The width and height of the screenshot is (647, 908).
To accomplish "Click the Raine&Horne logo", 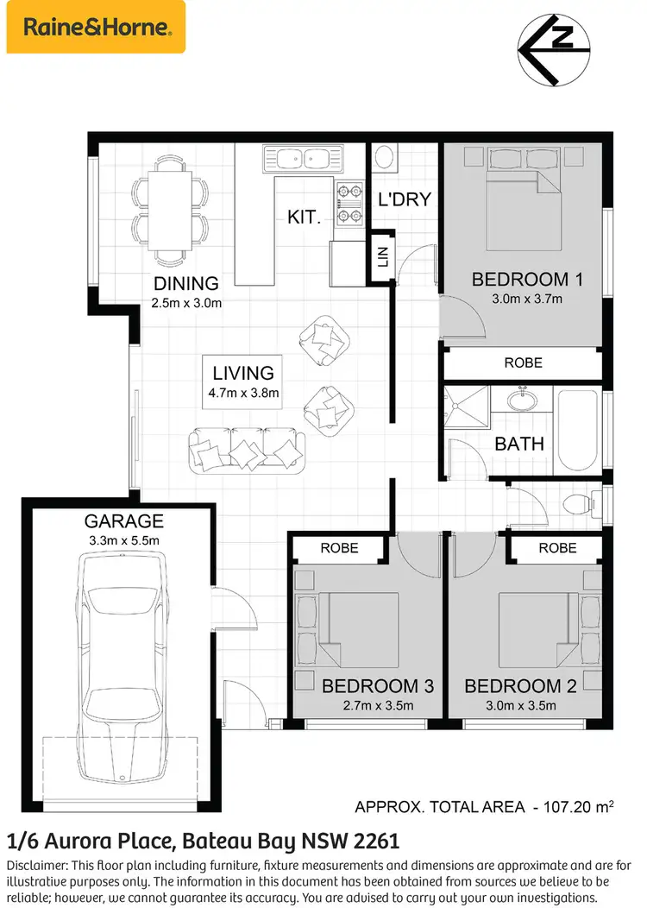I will (96, 27).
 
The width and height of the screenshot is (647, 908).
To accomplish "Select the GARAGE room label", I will (123, 521).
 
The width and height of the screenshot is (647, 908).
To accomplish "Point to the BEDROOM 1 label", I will (527, 280).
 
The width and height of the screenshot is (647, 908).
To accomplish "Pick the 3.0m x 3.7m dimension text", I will (527, 300).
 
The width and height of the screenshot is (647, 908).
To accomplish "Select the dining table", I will (170, 209).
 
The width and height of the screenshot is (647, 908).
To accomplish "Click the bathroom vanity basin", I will (521, 403).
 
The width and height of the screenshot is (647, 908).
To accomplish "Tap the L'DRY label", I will (405, 199).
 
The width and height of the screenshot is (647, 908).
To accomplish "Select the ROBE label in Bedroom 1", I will (524, 363).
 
